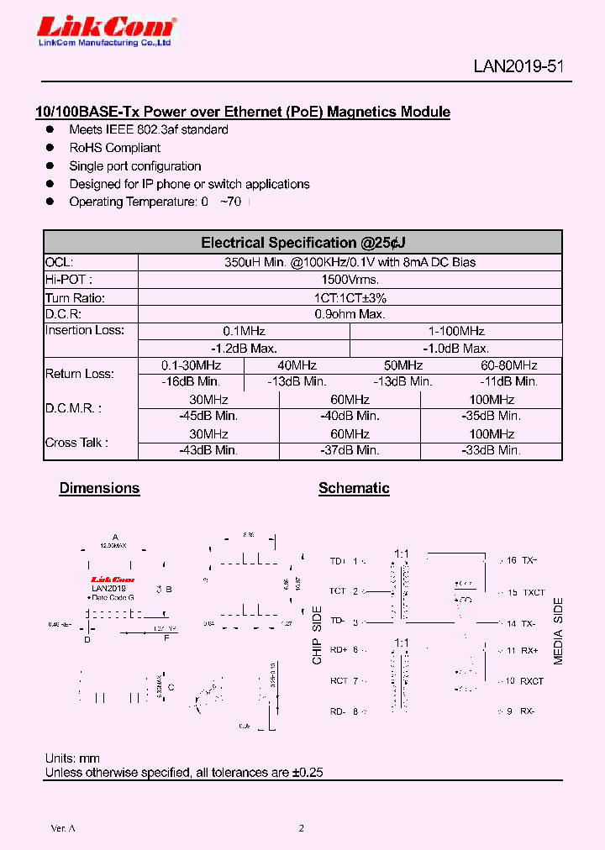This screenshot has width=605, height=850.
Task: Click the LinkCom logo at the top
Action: click(105, 31)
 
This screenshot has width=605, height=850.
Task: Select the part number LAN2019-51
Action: click(518, 67)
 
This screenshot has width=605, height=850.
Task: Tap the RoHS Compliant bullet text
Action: click(114, 148)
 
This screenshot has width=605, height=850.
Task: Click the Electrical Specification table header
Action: click(302, 243)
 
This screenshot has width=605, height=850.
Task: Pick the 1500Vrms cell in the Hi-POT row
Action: click(350, 280)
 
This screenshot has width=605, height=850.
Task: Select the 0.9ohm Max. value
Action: click(350, 314)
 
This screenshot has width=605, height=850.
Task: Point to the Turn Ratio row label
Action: click(75, 297)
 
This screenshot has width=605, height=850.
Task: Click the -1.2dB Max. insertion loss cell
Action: click(244, 349)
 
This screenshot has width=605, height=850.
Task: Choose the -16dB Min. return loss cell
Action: click(191, 381)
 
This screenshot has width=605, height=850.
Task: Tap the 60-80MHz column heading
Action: click(509, 365)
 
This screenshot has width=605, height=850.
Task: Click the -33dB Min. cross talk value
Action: click(492, 450)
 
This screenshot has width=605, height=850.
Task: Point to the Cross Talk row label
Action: click(76, 442)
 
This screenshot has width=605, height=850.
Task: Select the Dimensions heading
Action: click(99, 488)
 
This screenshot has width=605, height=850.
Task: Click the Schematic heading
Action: click(354, 488)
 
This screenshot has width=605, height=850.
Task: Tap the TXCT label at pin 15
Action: click(534, 592)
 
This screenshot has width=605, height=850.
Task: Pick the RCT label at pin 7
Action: click(339, 681)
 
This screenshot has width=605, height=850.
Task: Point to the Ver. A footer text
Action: click(63, 828)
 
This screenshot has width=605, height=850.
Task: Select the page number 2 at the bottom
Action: click(302, 828)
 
